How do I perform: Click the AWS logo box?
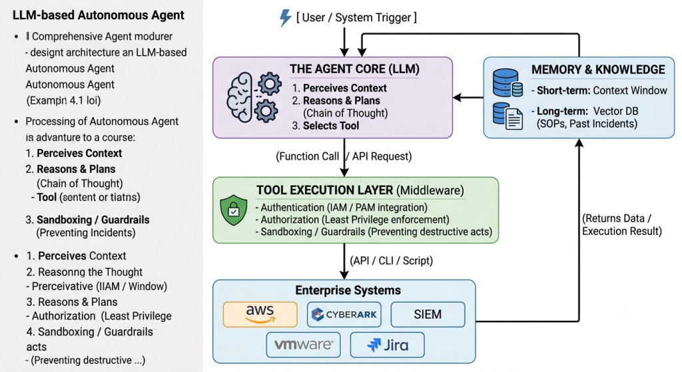point(260,314)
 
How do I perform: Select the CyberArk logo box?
point(344,314)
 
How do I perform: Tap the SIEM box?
point(428,314)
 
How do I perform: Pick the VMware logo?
point(304,345)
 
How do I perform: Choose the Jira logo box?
point(387,345)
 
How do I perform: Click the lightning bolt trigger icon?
point(285,18)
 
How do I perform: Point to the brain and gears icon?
point(254,97)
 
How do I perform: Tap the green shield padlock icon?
point(234,210)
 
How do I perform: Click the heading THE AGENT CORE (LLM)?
point(354,69)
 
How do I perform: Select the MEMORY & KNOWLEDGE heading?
point(598,69)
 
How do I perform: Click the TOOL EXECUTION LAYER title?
point(324,190)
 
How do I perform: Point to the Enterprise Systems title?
point(348,290)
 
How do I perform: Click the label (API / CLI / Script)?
point(392,261)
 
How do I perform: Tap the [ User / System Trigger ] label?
point(357,17)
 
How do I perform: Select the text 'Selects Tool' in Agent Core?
point(331,126)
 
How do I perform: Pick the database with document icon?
point(508,116)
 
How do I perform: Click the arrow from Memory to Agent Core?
point(468,97)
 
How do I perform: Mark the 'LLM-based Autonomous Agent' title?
point(99,15)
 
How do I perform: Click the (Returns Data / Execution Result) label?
point(622,225)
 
